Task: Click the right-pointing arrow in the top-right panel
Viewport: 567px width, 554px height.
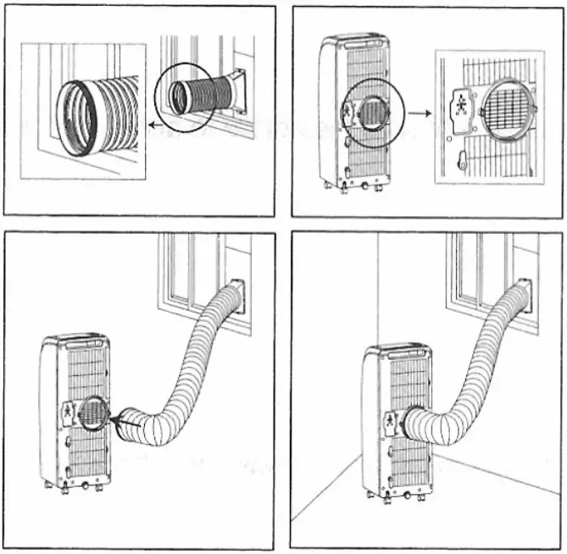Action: pyautogui.click(x=415, y=110)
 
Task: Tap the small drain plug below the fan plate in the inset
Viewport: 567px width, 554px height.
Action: pyautogui.click(x=462, y=158)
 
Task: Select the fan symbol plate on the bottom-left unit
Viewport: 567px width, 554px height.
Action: pyautogui.click(x=68, y=413)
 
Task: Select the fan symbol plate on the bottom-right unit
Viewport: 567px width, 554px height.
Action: pyautogui.click(x=389, y=421)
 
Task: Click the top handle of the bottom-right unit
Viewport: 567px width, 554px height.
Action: pyautogui.click(x=408, y=350)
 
